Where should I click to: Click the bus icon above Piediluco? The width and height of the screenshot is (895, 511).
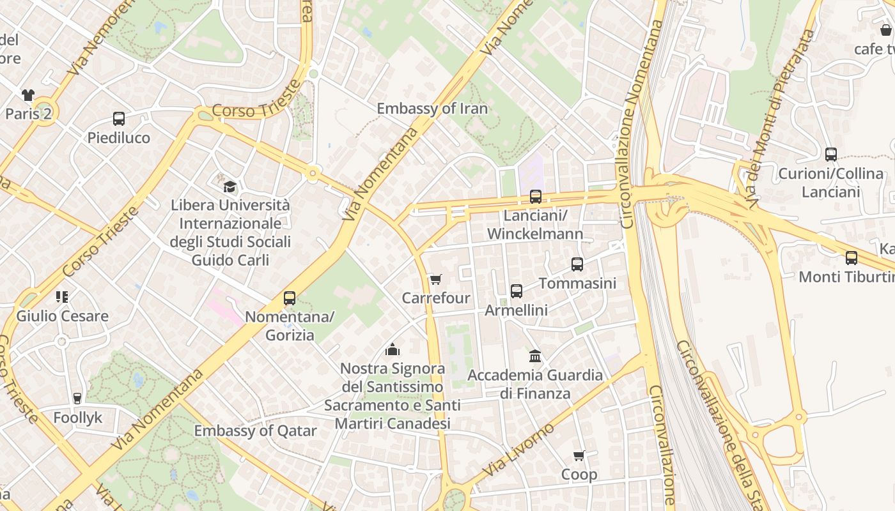click(x=119, y=118)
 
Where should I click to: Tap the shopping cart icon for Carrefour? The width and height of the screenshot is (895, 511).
click(x=436, y=279)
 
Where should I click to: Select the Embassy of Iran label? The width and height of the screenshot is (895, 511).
click(x=432, y=109)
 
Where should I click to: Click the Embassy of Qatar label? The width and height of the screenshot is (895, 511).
click(x=255, y=431)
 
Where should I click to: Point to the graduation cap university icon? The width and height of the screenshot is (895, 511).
click(x=230, y=187)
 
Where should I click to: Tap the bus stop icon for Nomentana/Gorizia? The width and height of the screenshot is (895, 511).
click(x=290, y=298)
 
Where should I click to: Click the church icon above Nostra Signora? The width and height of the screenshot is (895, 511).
click(x=393, y=349)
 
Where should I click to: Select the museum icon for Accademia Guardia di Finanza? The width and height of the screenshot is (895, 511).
click(x=535, y=356)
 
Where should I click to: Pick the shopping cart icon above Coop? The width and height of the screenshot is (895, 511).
click(x=579, y=455)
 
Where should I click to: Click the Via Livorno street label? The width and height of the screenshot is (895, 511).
click(x=518, y=450)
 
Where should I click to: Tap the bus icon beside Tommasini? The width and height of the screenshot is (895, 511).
click(x=577, y=264)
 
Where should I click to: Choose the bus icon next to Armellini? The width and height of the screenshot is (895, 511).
click(x=517, y=291)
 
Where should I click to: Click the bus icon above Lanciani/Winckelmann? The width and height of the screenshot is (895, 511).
click(x=536, y=197)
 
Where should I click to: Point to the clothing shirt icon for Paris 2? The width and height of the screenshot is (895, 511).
click(x=28, y=95)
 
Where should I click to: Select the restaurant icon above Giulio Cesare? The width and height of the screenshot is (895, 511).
click(x=62, y=296)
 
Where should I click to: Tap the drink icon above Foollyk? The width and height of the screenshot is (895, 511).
click(x=77, y=399)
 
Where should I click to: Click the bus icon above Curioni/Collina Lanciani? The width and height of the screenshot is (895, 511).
click(x=831, y=154)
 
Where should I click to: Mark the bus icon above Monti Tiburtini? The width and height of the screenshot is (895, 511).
click(x=852, y=258)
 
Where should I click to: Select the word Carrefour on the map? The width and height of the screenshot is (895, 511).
click(x=436, y=298)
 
